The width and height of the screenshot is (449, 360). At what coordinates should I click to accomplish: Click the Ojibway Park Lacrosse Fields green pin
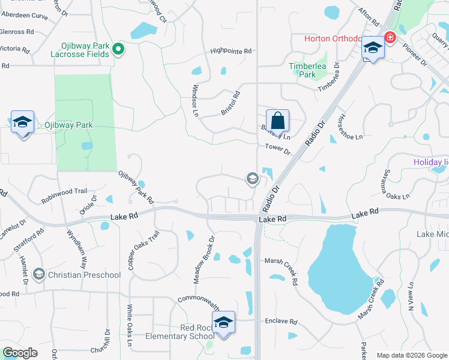pos(119,49)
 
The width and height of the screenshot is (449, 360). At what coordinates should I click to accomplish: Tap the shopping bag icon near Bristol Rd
pos(277,120)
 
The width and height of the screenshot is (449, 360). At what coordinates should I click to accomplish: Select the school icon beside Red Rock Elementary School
pos(223,323)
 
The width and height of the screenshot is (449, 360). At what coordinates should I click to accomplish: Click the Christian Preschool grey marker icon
pos(39,275)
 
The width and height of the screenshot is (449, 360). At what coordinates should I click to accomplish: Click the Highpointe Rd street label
pos(231,52)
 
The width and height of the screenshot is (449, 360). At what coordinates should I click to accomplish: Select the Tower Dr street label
pos(277,149)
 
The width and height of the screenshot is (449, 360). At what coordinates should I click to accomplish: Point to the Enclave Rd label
pos(281,322)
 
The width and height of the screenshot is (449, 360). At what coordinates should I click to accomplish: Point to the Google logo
pos(20,353)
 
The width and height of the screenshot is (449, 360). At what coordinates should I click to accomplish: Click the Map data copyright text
pos(412,355)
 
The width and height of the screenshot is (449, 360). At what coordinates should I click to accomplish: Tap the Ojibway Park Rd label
pos(136,186)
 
